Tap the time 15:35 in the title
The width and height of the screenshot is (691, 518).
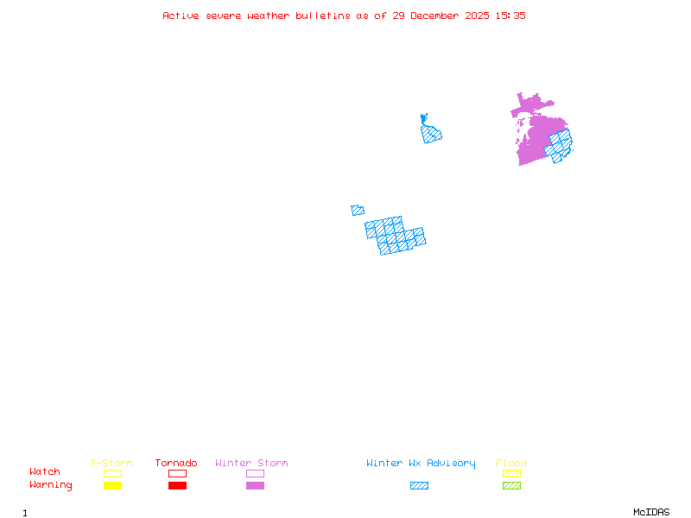(x=510, y=16)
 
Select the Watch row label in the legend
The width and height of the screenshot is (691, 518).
(x=45, y=472)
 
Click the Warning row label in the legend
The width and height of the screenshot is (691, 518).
(x=51, y=485)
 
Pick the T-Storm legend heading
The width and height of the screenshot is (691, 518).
(x=111, y=463)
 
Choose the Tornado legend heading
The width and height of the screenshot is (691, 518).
(x=176, y=463)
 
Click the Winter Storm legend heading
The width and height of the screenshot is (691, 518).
(x=251, y=463)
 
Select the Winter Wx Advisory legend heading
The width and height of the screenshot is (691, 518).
(x=421, y=463)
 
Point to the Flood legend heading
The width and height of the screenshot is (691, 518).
(x=511, y=463)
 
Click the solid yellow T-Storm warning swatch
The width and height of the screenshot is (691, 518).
(x=112, y=485)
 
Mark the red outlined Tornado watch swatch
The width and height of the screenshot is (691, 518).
(x=177, y=473)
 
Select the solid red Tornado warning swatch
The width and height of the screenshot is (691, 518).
(x=177, y=485)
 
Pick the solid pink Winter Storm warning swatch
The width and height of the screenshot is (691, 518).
(x=255, y=485)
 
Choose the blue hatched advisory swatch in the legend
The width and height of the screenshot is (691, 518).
(x=419, y=485)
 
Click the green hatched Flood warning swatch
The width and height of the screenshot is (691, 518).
(x=511, y=485)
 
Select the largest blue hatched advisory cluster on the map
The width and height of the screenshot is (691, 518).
(x=396, y=235)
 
